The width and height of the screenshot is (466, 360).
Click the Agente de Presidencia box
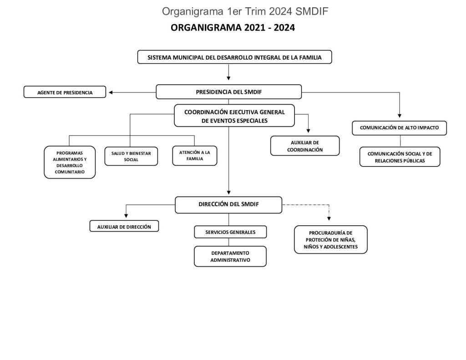pos(65,92)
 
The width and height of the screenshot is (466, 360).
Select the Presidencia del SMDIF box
pos(228,91)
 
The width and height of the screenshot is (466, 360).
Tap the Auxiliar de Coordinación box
pos(305,146)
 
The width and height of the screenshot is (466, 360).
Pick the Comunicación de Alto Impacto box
pos(399,128)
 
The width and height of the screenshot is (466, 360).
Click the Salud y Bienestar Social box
pos(131,157)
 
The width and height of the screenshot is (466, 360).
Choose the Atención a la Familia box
pos(194,156)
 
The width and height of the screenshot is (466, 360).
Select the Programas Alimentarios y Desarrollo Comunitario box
pos(70,162)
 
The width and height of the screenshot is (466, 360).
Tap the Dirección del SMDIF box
pos(228,205)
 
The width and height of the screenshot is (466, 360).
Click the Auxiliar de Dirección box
pos(124,226)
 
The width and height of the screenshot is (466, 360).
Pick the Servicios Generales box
pos(230,232)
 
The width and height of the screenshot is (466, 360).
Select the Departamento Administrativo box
pos(230,256)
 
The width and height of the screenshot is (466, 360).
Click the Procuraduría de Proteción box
pos(330,240)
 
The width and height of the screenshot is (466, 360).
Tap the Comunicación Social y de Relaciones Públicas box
pos(400,157)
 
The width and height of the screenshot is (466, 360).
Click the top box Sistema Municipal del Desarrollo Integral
pos(235,57)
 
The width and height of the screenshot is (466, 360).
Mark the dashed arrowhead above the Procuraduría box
pos(329,218)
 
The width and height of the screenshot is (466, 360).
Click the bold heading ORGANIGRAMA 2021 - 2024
pos(233,28)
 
